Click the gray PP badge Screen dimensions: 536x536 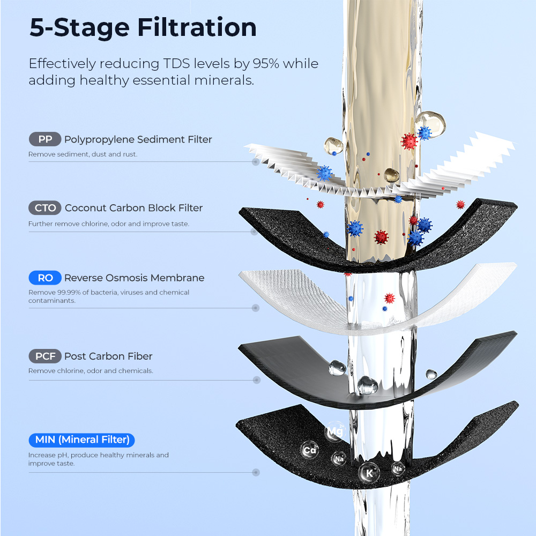(x=45, y=139)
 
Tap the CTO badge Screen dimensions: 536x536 (x=45, y=208)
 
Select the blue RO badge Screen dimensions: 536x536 (x=45, y=278)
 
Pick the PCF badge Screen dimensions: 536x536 (x=45, y=356)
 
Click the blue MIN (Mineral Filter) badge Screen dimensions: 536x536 (x=81, y=440)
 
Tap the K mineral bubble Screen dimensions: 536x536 (x=369, y=473)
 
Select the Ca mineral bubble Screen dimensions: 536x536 (x=310, y=450)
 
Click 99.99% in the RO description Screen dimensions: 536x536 (x=64, y=293)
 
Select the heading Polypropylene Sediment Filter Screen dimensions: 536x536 (x=138, y=139)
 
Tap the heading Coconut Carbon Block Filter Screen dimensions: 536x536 (x=133, y=208)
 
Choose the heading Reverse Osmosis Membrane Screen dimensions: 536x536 (x=134, y=278)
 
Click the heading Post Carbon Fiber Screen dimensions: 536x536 (x=108, y=356)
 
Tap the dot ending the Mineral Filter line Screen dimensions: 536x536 (x=256, y=472)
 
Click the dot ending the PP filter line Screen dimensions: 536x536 (x=256, y=161)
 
